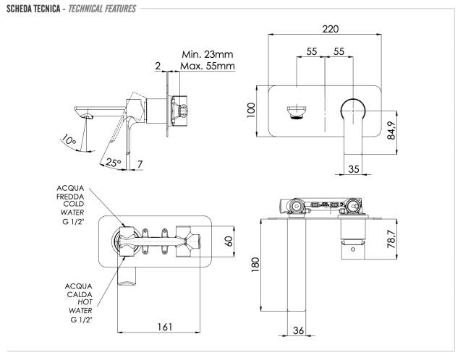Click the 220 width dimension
click(x=331, y=29)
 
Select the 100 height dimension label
click(x=251, y=110)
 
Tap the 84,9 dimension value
click(x=391, y=130)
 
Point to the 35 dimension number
click(x=354, y=169)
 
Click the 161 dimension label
click(x=164, y=327)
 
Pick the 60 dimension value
click(x=229, y=241)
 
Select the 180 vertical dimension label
click(x=255, y=265)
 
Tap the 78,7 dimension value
click(x=391, y=239)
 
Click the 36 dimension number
click(x=298, y=330)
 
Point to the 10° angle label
click(x=69, y=140)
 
